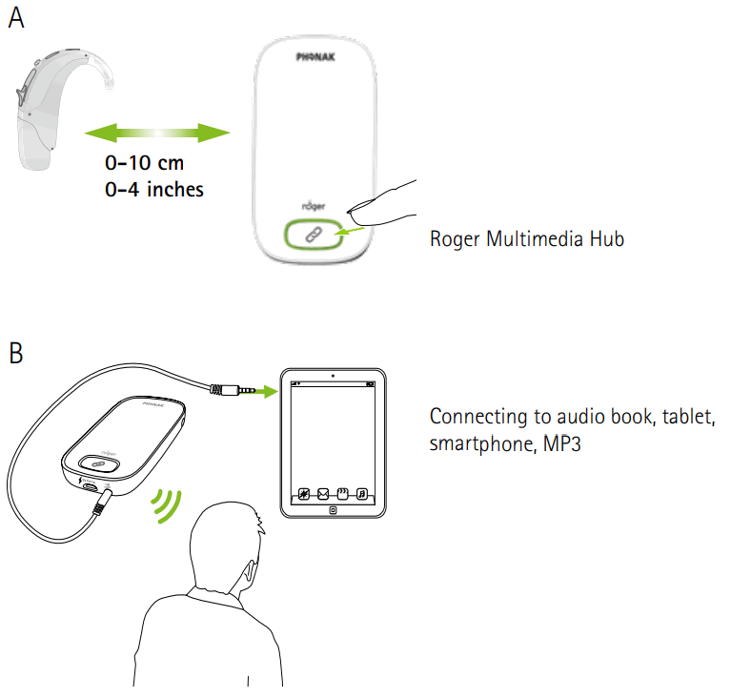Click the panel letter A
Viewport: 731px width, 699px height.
[16, 18]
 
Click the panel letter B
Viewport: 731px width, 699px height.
[16, 353]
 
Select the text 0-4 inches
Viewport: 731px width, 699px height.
[154, 189]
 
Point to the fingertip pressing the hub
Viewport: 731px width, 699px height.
[377, 200]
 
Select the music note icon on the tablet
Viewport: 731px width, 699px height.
[362, 494]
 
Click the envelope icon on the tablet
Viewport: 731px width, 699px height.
[322, 494]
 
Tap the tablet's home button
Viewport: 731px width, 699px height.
[333, 510]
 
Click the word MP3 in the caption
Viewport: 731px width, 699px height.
[562, 443]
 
